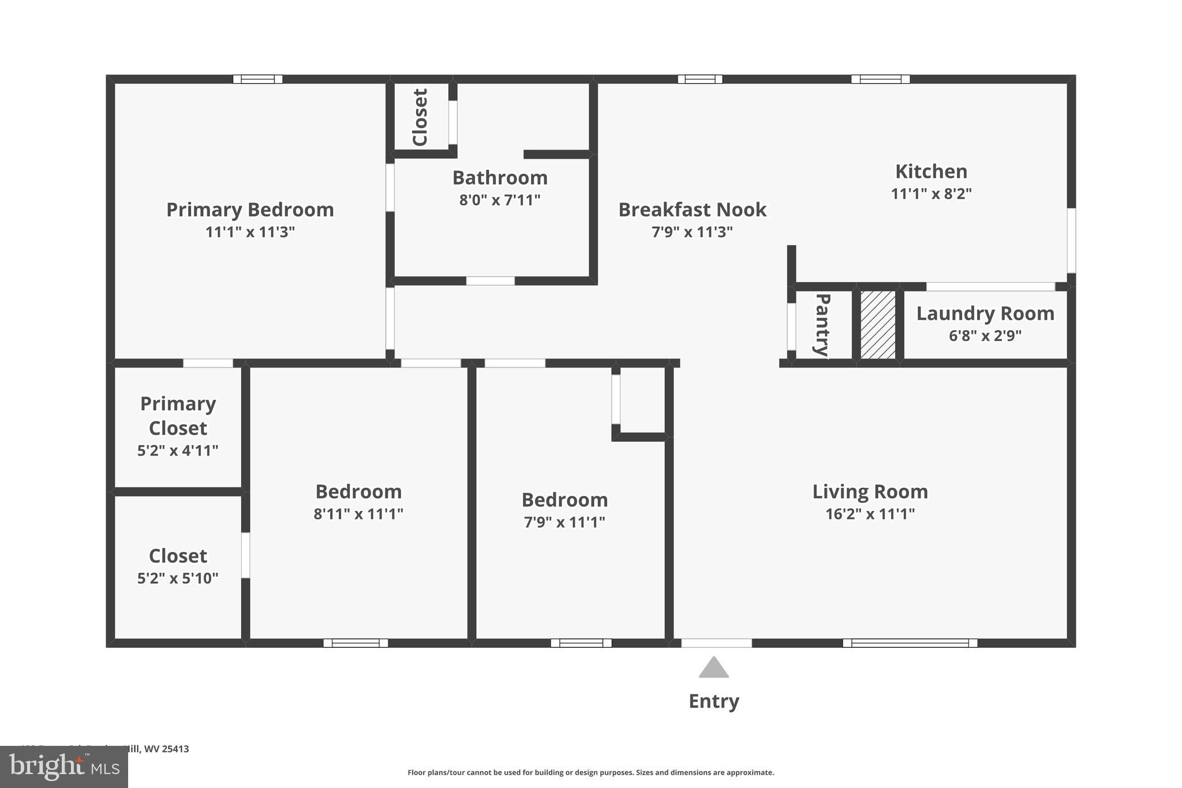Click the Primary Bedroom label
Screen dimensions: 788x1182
point(250,210)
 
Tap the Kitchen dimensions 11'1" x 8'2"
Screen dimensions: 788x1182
point(931,194)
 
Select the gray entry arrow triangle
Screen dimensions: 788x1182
point(713,668)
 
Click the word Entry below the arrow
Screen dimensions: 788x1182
point(713,701)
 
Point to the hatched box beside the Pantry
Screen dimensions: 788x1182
point(878,324)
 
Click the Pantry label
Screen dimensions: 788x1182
point(822,324)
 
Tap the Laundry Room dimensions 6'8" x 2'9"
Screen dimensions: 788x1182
point(985,335)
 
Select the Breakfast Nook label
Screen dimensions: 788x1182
point(692,210)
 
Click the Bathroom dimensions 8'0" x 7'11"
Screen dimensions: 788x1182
point(499,200)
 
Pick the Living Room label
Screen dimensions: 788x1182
point(870,492)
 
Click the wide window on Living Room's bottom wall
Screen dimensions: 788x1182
point(910,643)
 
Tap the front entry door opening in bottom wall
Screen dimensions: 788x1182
point(716,643)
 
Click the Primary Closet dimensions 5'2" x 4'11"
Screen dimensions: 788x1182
point(178,450)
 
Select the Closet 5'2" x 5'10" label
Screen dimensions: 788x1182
point(178,556)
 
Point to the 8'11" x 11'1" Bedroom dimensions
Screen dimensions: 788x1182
point(358,514)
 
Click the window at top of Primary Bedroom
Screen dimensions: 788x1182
point(257,79)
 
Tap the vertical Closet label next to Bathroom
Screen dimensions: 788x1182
point(420,117)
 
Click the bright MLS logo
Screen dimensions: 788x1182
point(63,767)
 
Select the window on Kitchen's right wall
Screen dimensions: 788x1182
point(1071,240)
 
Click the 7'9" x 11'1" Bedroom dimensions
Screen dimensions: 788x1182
point(564,522)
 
